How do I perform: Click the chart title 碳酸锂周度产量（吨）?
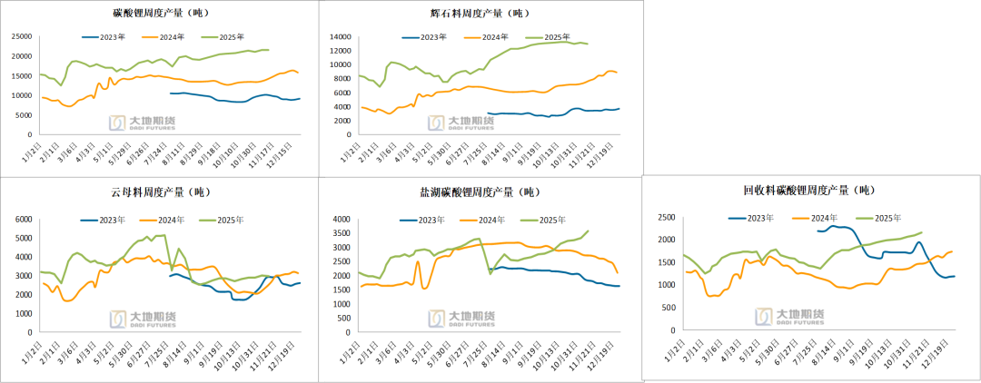tap(159, 13)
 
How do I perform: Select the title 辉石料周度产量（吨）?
tap(479, 13)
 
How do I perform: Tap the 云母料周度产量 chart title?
tap(159, 191)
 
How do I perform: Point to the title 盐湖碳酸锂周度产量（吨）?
tap(479, 191)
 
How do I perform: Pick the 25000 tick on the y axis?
tap(22, 36)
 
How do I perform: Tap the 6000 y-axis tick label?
tap(25, 220)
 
